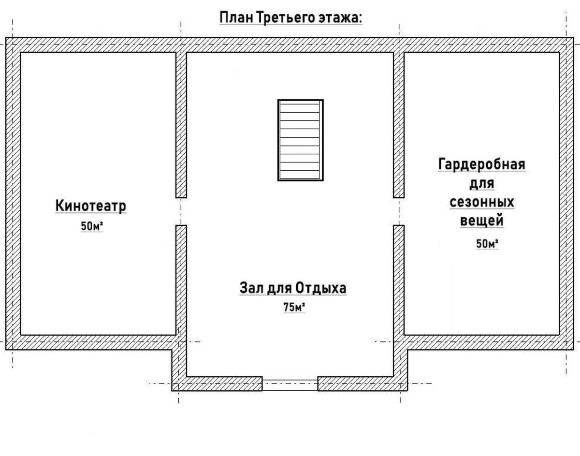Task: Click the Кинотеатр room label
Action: (91, 206)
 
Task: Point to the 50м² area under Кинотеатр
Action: (92, 226)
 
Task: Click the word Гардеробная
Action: (482, 164)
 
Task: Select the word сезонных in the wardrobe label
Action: (482, 202)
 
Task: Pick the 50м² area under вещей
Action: (487, 244)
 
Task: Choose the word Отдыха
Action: (321, 288)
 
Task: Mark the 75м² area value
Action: (294, 307)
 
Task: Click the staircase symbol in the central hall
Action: (300, 140)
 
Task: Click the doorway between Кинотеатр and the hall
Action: (181, 211)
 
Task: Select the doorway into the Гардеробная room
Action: (399, 211)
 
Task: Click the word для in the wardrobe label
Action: (482, 184)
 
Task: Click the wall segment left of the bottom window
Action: (217, 383)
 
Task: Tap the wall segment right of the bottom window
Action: (362, 383)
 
